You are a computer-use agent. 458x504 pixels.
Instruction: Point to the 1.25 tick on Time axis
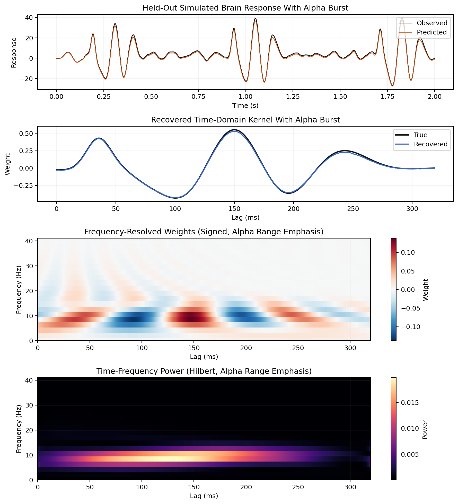pyautogui.click(x=293, y=97)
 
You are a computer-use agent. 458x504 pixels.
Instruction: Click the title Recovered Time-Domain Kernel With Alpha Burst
pyautogui.click(x=245, y=120)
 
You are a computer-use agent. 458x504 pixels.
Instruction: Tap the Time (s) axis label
pyautogui.click(x=245, y=106)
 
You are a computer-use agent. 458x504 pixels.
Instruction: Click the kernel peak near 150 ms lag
pyautogui.click(x=234, y=130)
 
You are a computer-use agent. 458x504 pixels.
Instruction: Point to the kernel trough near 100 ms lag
pyautogui.click(x=175, y=198)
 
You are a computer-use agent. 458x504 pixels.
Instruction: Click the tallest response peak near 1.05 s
pyautogui.click(x=255, y=19)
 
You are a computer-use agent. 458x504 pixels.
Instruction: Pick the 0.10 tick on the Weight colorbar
pyautogui.click(x=408, y=253)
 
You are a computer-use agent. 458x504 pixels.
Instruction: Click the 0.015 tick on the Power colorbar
pyautogui.click(x=410, y=403)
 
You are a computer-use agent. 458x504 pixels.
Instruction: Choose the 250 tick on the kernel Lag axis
pyautogui.click(x=353, y=209)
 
